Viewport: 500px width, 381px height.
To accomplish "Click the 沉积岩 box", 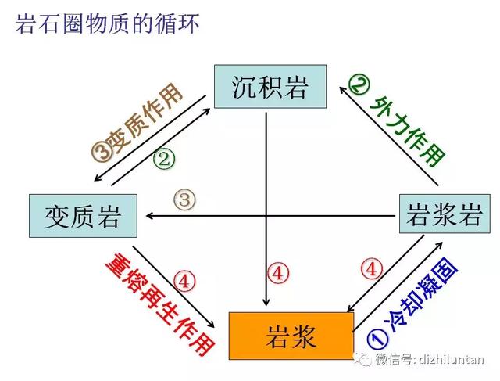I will coord(269,87).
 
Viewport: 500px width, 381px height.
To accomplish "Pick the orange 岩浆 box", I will coord(290,336).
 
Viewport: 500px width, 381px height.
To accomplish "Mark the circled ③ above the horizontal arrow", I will coord(184,199).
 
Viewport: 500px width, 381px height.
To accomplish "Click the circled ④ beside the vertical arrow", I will coord(278,274).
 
